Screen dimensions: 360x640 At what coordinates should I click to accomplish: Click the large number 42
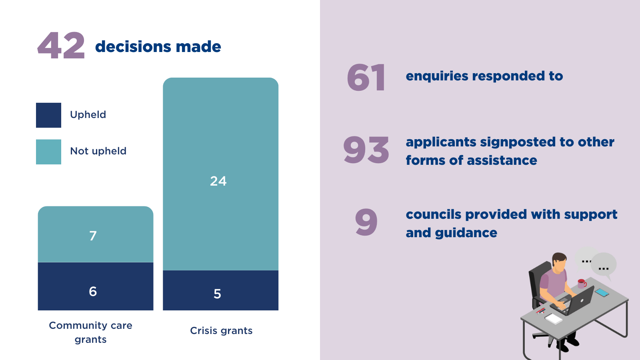click(61, 46)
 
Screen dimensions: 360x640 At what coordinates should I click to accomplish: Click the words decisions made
click(158, 47)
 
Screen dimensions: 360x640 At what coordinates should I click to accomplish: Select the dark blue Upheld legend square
click(48, 115)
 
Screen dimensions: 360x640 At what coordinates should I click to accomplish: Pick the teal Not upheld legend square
click(48, 152)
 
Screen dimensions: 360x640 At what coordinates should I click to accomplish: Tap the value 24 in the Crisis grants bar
click(218, 181)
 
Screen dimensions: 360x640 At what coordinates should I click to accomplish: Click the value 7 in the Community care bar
click(93, 236)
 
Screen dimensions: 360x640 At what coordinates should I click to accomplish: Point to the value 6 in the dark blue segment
click(93, 291)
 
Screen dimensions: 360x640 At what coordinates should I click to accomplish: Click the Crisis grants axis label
click(221, 331)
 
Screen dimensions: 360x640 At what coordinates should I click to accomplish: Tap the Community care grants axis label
click(91, 332)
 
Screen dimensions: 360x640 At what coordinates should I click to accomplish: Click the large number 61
click(366, 78)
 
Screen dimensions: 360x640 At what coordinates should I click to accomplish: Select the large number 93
click(366, 150)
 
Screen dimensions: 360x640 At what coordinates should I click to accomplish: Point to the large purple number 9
click(366, 222)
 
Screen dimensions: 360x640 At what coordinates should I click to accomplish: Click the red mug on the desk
click(582, 284)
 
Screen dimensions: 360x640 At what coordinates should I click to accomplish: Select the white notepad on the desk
click(554, 318)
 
